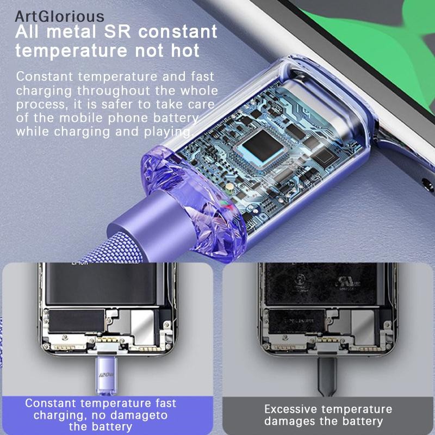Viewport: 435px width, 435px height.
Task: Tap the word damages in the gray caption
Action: pos(290,421)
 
